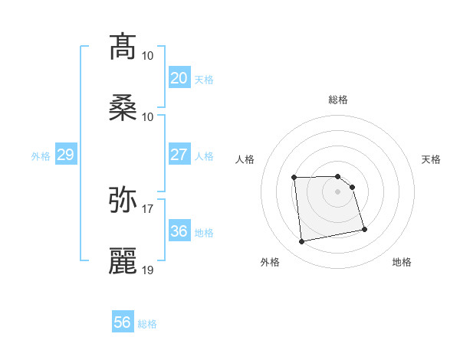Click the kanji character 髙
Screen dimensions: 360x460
click(x=123, y=47)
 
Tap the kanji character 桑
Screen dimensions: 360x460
click(x=123, y=108)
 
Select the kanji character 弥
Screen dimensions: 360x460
click(x=123, y=200)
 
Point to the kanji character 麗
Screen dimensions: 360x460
click(x=123, y=261)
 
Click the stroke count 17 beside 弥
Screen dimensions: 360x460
click(x=148, y=208)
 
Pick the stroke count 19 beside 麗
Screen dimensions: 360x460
click(x=148, y=270)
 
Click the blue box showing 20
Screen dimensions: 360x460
click(x=179, y=78)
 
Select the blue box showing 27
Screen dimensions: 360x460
click(x=179, y=155)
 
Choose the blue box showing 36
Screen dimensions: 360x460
click(x=179, y=231)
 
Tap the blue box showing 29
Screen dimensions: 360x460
click(x=65, y=155)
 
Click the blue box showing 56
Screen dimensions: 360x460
click(x=122, y=322)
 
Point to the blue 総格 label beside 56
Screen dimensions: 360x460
click(x=147, y=324)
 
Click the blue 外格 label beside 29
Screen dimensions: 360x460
click(x=41, y=156)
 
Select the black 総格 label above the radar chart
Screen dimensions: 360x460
click(x=338, y=100)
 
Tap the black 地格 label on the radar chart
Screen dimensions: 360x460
click(x=402, y=262)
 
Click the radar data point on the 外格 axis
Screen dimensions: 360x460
click(x=302, y=242)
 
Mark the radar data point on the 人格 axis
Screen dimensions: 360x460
click(x=294, y=178)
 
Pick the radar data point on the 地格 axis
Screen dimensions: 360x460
click(x=364, y=229)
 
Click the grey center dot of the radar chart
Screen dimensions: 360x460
click(x=337, y=191)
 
